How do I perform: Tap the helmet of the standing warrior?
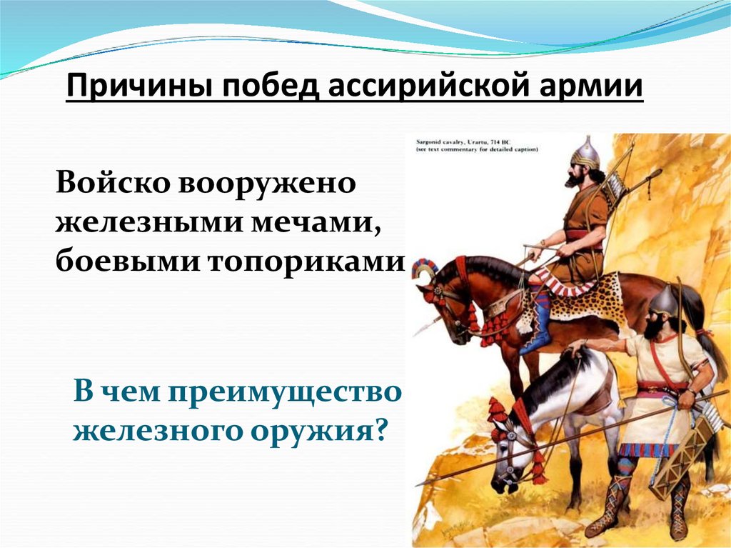coord(663,301)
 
